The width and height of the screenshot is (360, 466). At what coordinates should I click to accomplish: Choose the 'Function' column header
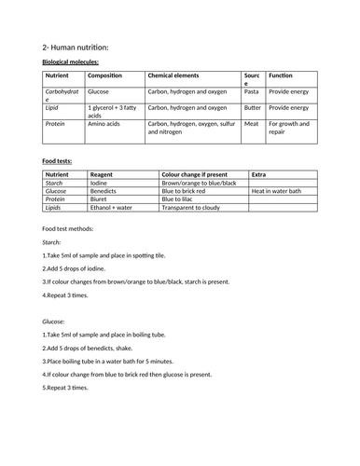[281, 75]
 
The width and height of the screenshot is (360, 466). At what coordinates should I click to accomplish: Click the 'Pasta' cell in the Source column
[252, 93]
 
